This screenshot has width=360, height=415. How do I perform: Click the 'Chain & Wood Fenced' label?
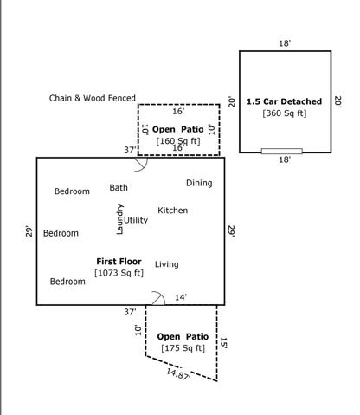pos(93,98)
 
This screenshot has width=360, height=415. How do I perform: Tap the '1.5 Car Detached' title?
pos(284,101)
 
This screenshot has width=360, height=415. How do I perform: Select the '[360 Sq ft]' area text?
pos(285,113)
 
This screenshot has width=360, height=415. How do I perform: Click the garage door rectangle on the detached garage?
pos(282,151)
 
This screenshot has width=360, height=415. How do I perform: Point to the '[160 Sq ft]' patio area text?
pos(178,141)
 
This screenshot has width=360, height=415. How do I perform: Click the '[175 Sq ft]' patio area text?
pos(183,348)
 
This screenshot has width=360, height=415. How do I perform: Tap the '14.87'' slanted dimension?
pos(178,374)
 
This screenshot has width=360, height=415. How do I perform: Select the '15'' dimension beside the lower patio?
pos(224,343)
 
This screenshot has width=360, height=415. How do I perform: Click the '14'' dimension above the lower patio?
pos(181,297)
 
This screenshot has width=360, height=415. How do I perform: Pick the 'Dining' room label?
pos(199,183)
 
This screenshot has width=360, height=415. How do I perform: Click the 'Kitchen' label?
pos(173,211)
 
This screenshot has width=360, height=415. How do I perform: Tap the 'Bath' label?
pos(119,188)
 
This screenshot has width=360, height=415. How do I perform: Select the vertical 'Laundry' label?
pos(119,219)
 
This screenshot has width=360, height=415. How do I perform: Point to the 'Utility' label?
pos(136,220)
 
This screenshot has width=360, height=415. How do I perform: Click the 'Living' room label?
pos(167,264)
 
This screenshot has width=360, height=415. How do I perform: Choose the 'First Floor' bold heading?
pos(119,262)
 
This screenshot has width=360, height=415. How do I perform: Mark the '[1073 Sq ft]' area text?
pos(119,273)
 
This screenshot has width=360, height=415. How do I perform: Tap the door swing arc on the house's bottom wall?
pos(159,294)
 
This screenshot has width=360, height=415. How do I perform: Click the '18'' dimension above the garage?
pos(285,43)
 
